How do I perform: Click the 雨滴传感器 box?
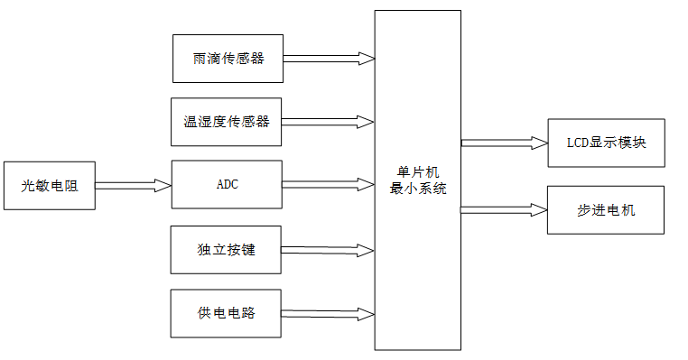click(228, 59)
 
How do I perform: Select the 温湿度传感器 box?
click(226, 122)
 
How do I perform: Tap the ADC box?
click(227, 184)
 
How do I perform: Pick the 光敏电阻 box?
click(49, 186)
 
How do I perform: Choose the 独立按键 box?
click(226, 249)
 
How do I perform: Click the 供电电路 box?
click(226, 313)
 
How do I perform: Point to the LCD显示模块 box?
click(605, 143)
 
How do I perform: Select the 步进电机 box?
click(605, 210)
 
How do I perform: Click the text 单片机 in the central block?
click(418, 172)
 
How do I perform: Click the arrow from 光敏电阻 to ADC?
click(133, 185)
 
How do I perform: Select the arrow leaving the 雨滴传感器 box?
click(329, 59)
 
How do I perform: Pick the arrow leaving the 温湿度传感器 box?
click(329, 122)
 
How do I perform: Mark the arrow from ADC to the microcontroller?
click(329, 184)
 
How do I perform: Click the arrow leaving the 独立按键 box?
click(329, 250)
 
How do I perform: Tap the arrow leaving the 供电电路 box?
click(329, 314)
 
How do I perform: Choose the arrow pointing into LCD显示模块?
click(504, 143)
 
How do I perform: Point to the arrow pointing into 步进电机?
click(504, 210)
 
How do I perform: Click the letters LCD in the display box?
click(578, 143)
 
